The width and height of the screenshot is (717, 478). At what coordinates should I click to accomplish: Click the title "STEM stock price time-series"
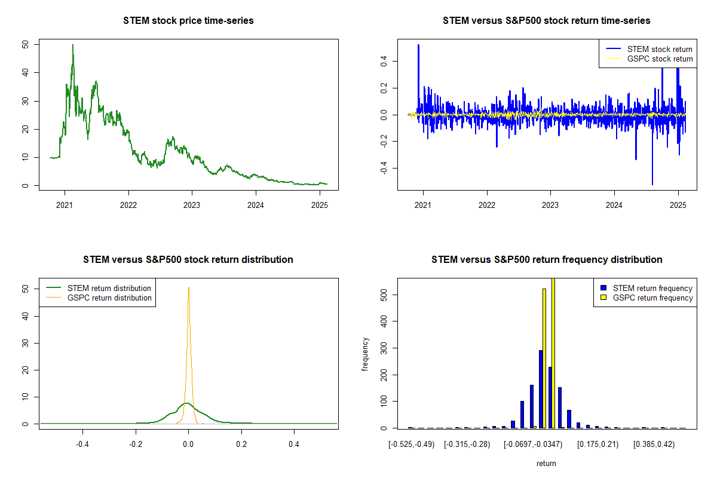188,21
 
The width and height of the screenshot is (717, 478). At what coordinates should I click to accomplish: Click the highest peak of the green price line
73,45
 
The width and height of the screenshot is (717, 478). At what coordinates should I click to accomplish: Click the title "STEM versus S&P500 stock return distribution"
188,260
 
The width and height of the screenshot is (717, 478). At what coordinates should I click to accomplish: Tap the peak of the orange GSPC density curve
189,287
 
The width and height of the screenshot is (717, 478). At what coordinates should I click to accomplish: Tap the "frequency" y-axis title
366,354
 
